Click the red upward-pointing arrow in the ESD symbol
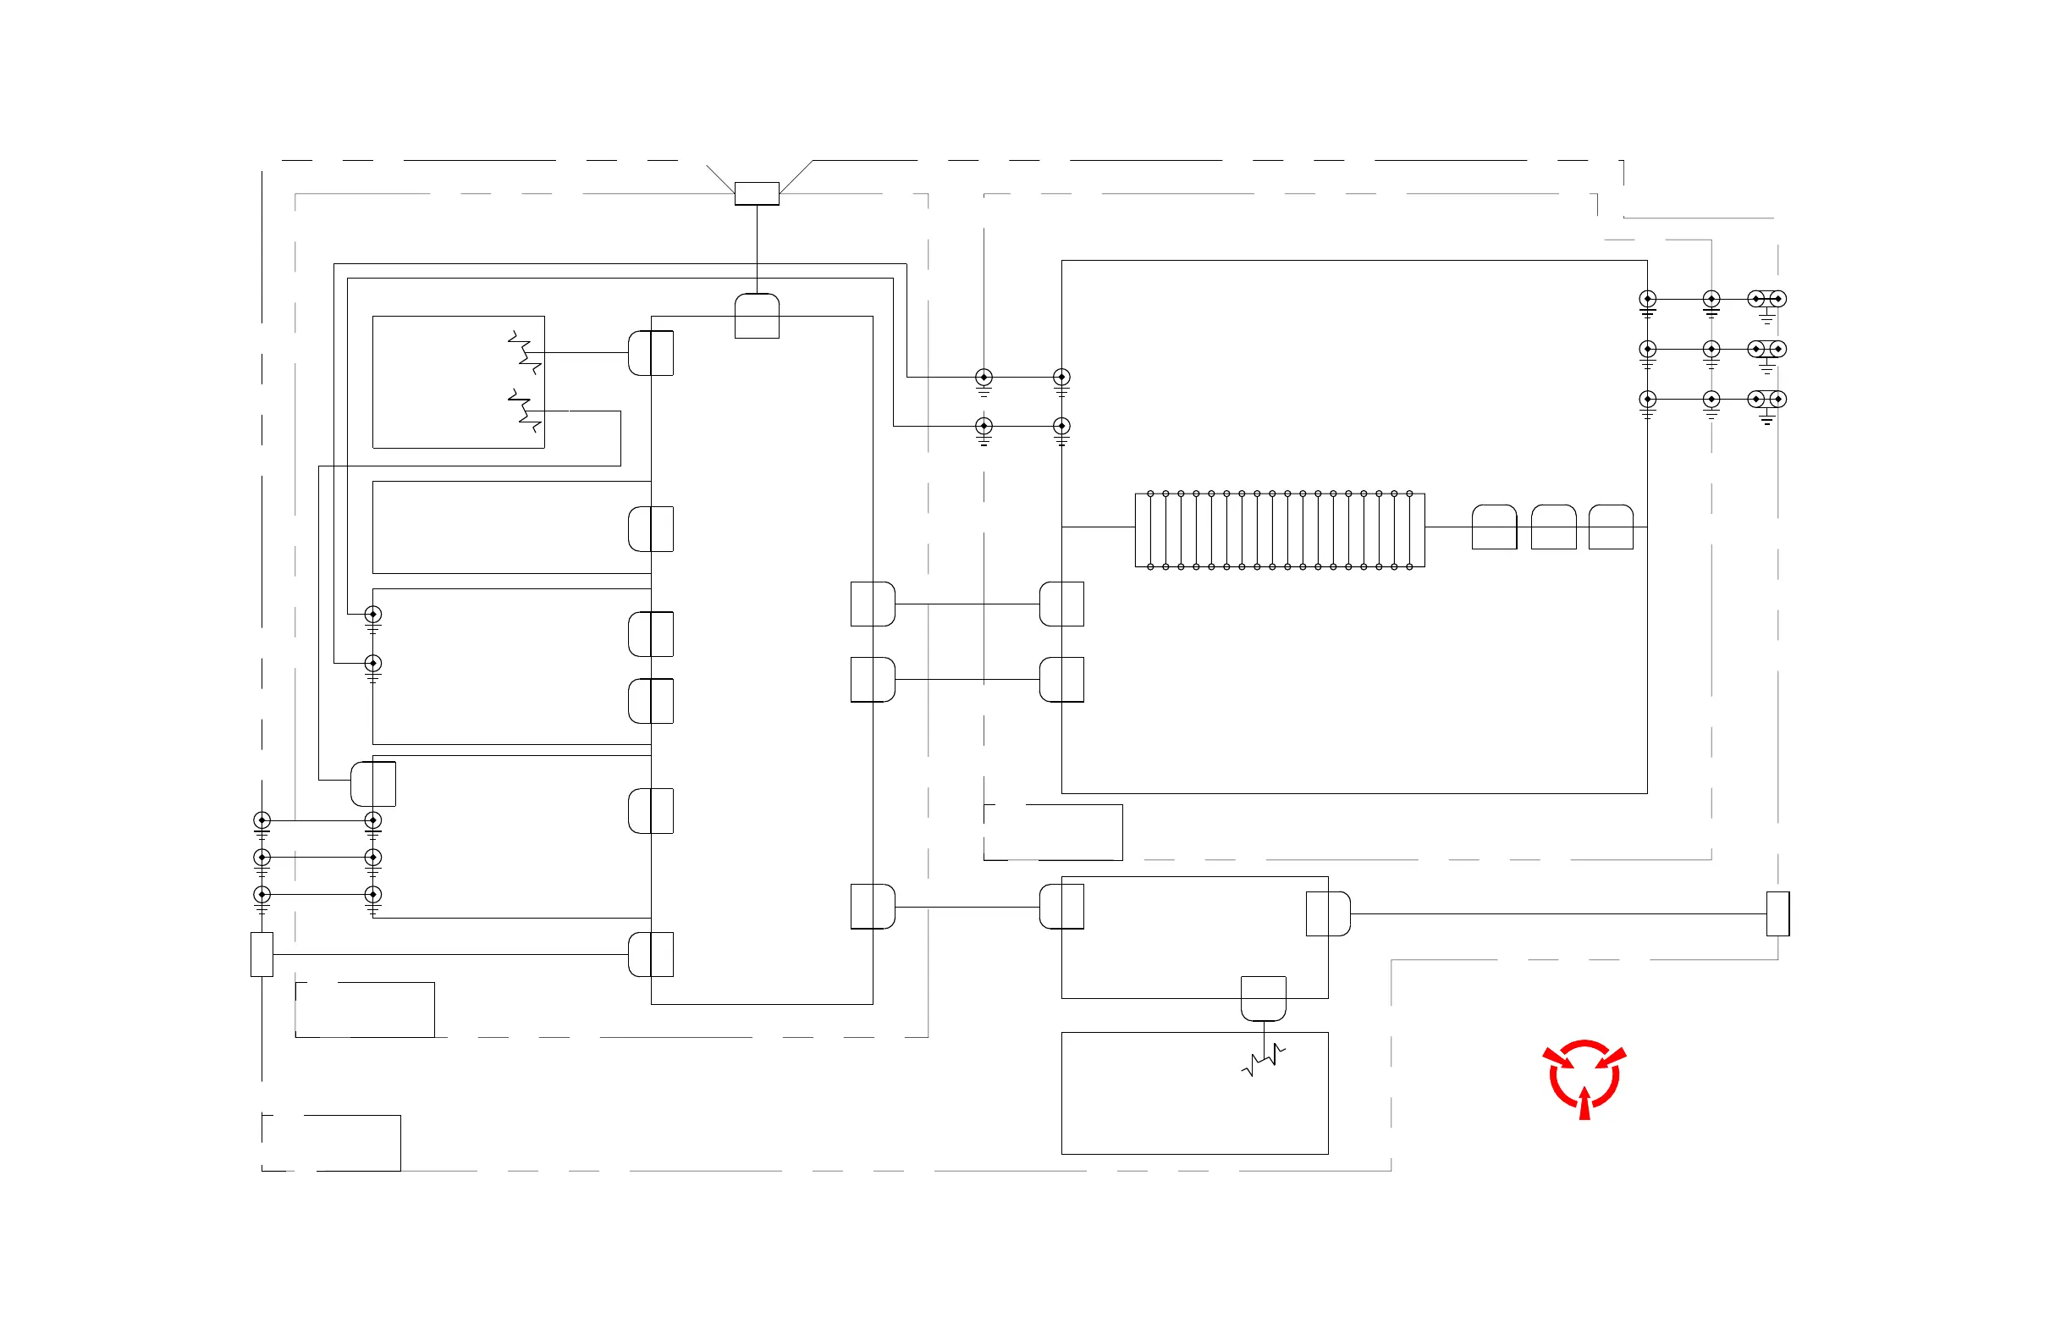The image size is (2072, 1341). pyautogui.click(x=1584, y=1103)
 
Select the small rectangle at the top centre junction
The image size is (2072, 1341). pyautogui.click(x=757, y=193)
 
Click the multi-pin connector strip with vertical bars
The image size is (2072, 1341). pyautogui.click(x=1280, y=530)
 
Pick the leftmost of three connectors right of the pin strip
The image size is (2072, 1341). pyautogui.click(x=1494, y=527)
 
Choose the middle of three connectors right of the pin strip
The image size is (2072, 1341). pyautogui.click(x=1553, y=527)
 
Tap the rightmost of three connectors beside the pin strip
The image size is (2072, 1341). pyautogui.click(x=1611, y=527)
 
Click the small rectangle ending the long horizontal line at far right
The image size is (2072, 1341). pyautogui.click(x=1777, y=913)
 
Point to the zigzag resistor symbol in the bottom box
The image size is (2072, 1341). pyautogui.click(x=1263, y=1062)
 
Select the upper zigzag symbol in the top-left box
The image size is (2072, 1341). pyautogui.click(x=524, y=352)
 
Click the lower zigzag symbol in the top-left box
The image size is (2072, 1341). pyautogui.click(x=524, y=410)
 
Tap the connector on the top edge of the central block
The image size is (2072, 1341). pyautogui.click(x=757, y=316)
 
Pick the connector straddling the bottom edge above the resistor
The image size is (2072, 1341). pyautogui.click(x=1263, y=998)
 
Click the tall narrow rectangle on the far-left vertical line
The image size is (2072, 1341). pyautogui.click(x=262, y=954)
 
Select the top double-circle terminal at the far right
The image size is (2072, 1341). pyautogui.click(x=1767, y=299)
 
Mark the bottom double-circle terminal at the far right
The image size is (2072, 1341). pyautogui.click(x=1767, y=399)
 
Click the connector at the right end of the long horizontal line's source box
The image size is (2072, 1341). pyautogui.click(x=1329, y=913)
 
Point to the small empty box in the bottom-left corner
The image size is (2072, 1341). pyautogui.click(x=331, y=1142)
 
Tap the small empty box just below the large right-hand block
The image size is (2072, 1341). pyautogui.click(x=1053, y=832)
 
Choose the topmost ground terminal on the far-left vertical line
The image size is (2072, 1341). pyautogui.click(x=262, y=820)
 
